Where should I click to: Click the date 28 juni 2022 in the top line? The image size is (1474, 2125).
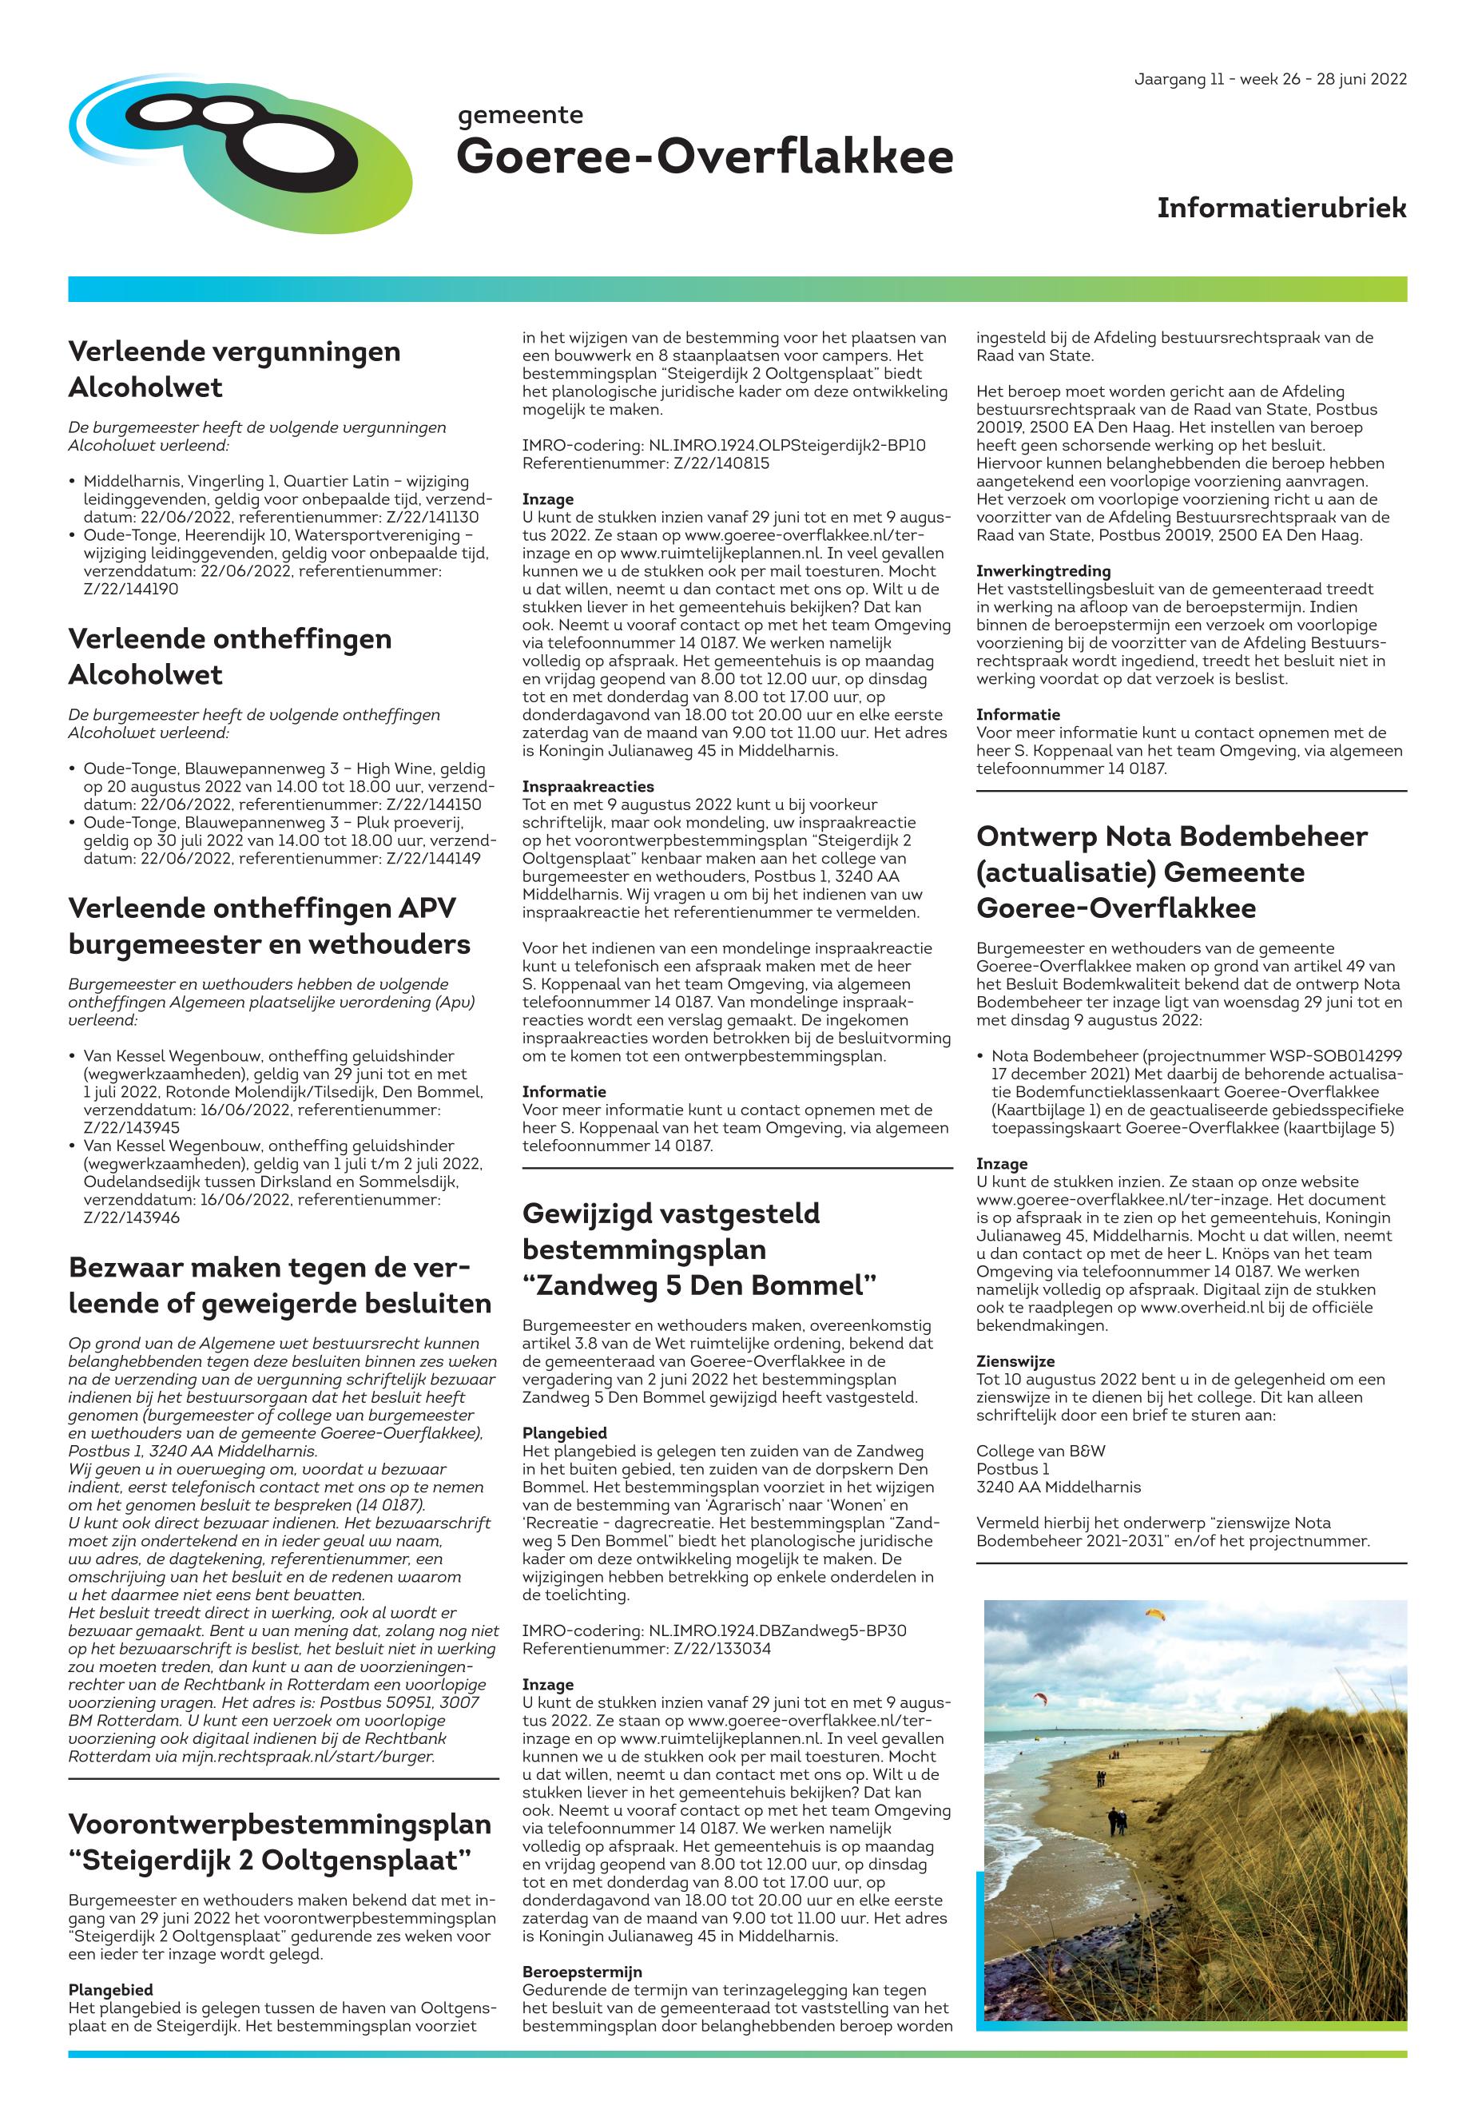[x=1361, y=79]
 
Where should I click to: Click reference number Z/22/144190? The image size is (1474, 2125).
[x=131, y=590]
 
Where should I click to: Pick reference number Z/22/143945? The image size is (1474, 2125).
[x=131, y=1127]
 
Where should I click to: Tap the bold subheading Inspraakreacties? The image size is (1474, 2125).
[x=587, y=786]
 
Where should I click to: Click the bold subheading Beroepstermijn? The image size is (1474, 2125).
[x=582, y=1972]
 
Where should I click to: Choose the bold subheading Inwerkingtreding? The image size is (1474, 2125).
[x=1043, y=570]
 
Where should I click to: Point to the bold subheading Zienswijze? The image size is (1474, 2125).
[x=1015, y=1361]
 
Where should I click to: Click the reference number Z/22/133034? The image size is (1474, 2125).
[x=721, y=1648]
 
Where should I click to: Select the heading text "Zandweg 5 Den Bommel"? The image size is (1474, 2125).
[x=699, y=1285]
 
